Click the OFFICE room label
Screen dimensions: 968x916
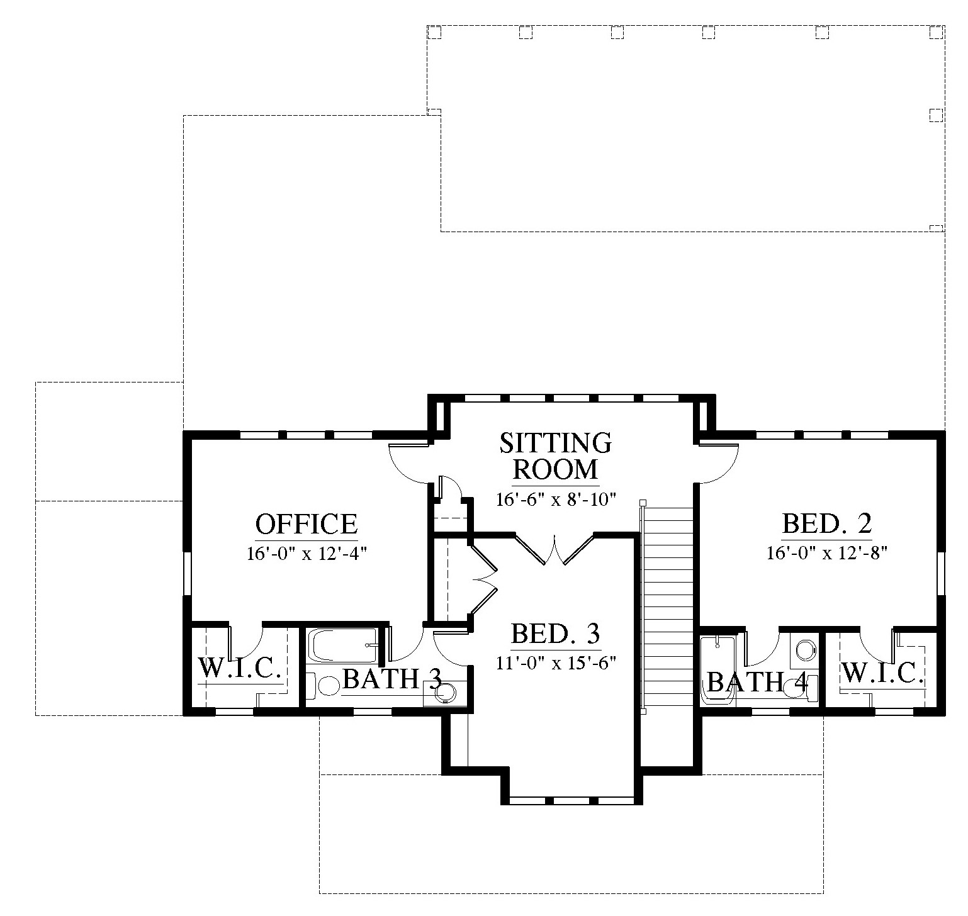(307, 523)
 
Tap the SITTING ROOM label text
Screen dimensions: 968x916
(555, 455)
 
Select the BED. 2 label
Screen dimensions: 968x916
(827, 523)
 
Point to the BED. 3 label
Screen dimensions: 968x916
(556, 634)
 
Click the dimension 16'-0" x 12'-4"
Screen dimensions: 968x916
(307, 554)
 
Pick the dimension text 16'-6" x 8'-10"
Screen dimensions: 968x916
(555, 500)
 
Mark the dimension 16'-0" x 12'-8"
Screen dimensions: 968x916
(827, 553)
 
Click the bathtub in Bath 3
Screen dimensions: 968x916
(342, 645)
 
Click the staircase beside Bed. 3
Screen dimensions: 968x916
(667, 607)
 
